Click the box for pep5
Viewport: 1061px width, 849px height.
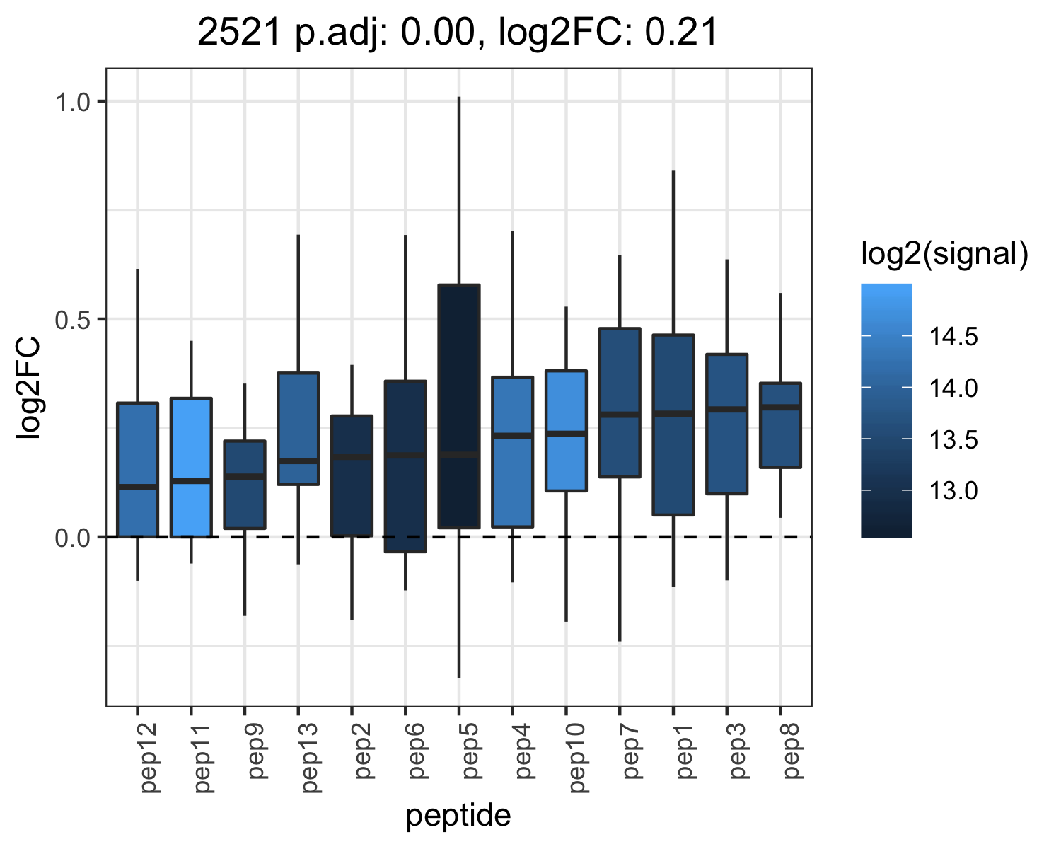coord(458,406)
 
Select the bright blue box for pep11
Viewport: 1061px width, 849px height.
coord(191,467)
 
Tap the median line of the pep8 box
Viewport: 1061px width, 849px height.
coord(780,407)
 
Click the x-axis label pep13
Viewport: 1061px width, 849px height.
coord(310,758)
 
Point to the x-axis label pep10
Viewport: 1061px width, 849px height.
coord(577,758)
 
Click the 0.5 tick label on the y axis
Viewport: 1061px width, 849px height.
coord(72,320)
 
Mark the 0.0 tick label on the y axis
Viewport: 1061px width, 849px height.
coord(72,538)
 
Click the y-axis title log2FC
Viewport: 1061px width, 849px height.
coord(28,387)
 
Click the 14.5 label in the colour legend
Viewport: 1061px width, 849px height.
coord(953,337)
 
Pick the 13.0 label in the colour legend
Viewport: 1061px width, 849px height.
coord(953,491)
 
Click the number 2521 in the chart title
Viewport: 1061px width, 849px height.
coord(238,33)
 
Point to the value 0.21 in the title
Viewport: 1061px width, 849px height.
coord(680,33)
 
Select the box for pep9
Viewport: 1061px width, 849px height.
coord(245,485)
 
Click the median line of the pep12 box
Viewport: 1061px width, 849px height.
coord(137,487)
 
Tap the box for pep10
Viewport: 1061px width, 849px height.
coord(566,431)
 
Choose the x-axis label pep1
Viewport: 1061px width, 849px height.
coord(685,751)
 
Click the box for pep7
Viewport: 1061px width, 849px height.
coord(620,403)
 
